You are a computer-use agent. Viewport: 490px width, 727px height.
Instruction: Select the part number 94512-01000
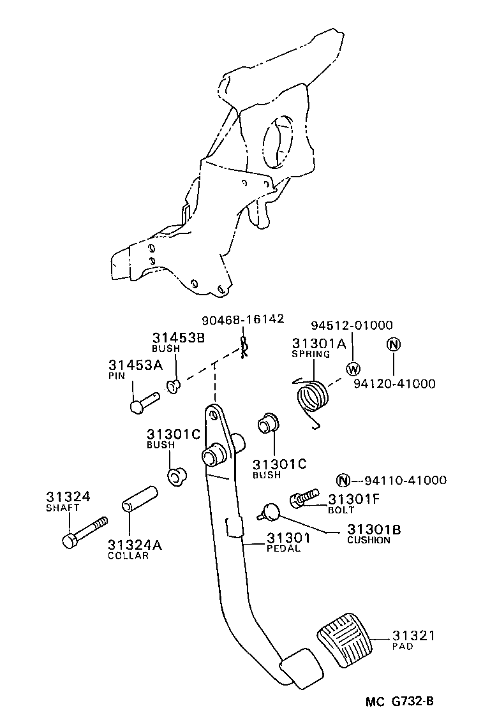pos(352,325)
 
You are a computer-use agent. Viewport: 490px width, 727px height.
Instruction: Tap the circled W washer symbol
pos(353,369)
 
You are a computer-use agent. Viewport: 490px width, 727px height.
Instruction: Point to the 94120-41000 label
pos(395,383)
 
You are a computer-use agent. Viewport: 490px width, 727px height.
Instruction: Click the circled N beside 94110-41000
pos(344,481)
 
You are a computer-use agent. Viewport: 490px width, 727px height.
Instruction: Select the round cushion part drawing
pos(269,510)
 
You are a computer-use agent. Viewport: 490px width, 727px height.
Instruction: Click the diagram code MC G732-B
pos(400,702)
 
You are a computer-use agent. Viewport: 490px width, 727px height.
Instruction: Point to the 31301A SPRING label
pos(318,347)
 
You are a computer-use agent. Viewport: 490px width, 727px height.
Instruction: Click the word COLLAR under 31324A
pos(128,555)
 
